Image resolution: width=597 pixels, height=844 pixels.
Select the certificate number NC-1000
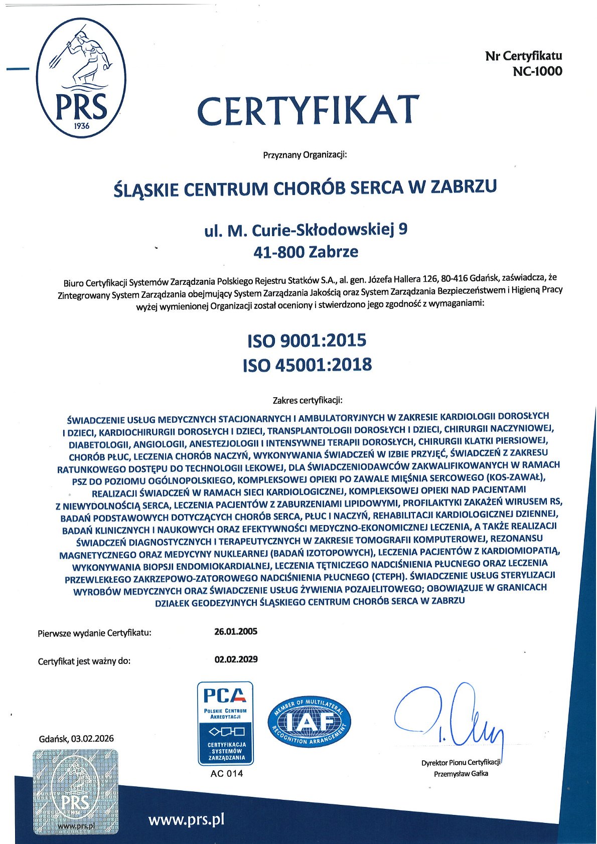(537, 71)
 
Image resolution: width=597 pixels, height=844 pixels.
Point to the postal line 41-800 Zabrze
(306, 252)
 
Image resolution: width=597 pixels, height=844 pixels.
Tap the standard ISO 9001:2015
(307, 341)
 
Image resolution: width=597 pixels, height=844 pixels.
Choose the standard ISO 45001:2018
(307, 365)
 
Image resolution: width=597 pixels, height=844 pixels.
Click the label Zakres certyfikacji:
(307, 400)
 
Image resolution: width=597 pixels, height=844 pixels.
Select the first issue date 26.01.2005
(236, 631)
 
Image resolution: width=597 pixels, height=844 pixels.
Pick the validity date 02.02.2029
(236, 659)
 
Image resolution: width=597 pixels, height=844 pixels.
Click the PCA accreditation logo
(225, 723)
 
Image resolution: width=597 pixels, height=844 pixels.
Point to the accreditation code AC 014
(227, 773)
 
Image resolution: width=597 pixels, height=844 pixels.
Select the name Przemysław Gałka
(461, 773)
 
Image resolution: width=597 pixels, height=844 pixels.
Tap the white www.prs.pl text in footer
(186, 819)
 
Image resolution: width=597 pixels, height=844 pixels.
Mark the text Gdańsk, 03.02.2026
(76, 738)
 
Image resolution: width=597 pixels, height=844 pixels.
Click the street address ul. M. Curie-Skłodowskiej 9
(306, 230)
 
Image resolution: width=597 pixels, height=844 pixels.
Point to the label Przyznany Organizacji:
(305, 155)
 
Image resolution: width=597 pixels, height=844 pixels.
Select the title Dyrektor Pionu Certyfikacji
(461, 762)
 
